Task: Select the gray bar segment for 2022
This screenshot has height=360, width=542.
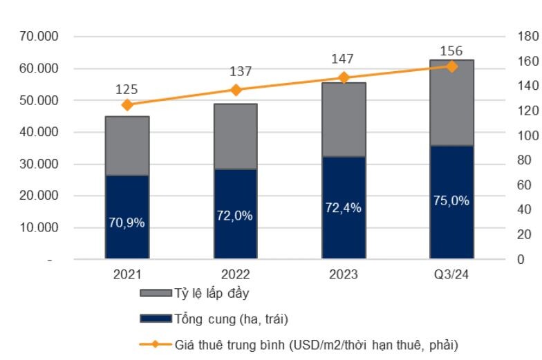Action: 236,136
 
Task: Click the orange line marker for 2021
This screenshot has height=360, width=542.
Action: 127,105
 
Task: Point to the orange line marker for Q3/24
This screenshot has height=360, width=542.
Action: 452,66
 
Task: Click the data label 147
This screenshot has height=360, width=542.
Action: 344,60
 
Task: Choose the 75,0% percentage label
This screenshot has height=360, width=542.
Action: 452,201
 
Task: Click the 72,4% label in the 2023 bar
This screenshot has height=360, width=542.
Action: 344,207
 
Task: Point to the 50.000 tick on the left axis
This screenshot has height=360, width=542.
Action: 39,100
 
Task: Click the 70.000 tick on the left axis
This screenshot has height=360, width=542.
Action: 39,37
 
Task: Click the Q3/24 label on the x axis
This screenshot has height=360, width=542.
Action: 452,274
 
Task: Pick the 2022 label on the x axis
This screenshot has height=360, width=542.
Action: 236,274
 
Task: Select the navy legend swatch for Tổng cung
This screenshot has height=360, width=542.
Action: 156,319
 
